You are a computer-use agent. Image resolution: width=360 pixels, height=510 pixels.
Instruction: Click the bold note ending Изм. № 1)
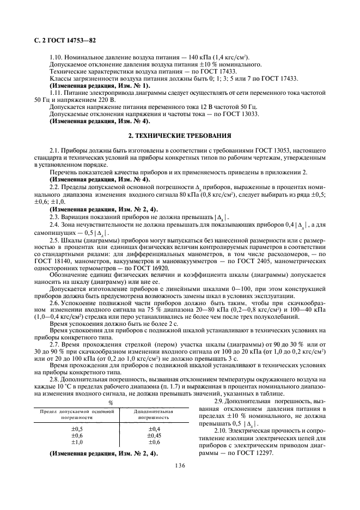(100, 85)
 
